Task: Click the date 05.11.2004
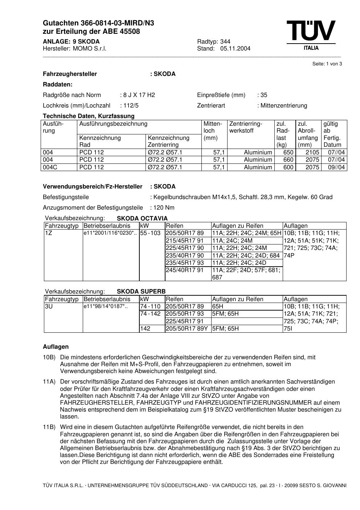[x=235, y=49]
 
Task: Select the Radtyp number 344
[x=225, y=41]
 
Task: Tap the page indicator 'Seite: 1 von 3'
[x=327, y=64]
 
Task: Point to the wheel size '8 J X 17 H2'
[x=139, y=95]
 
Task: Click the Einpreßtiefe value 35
[x=264, y=95]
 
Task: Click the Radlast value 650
[x=288, y=153]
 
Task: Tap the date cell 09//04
[x=336, y=167]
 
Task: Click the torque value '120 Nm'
[x=164, y=208]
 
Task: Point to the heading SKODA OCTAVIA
[x=142, y=218]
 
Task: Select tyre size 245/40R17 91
[x=185, y=270]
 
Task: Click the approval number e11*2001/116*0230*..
[x=110, y=233]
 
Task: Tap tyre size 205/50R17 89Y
[x=187, y=329]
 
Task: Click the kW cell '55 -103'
[x=150, y=233]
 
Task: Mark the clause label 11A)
[x=49, y=382]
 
